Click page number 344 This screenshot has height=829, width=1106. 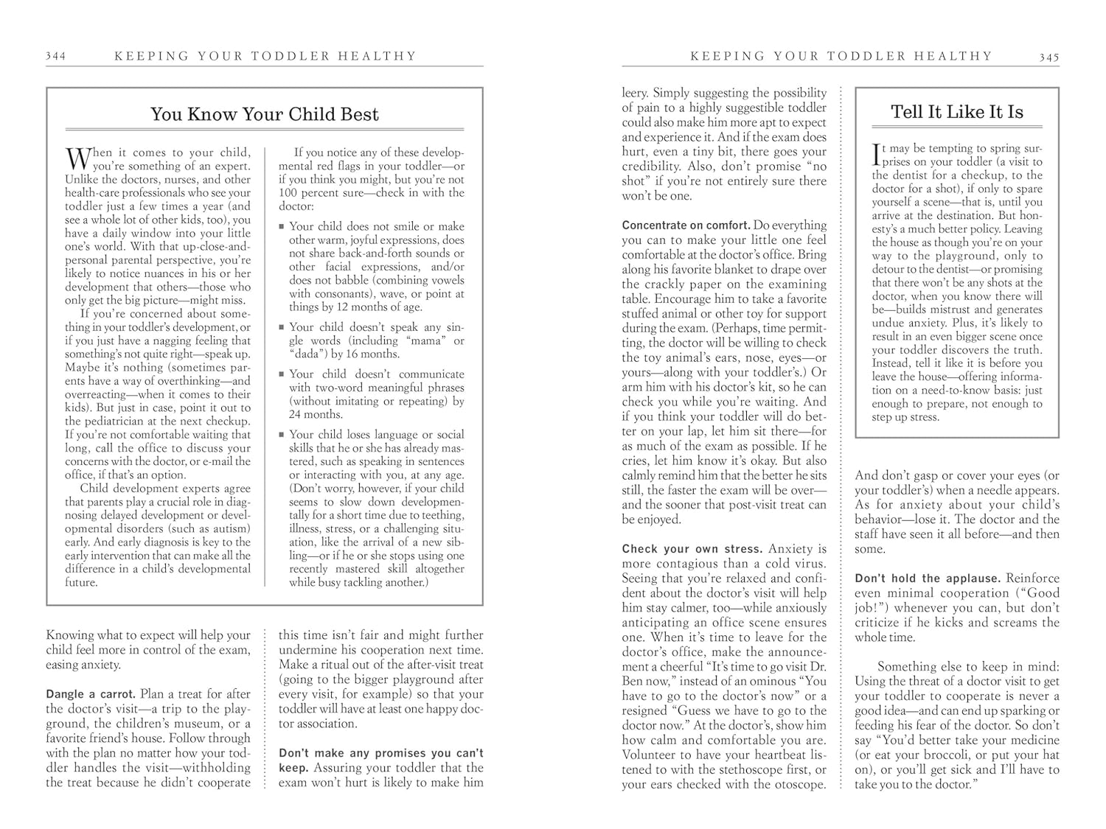pos(55,56)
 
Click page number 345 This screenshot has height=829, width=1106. pos(1049,57)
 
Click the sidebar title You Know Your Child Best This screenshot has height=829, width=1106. pos(264,114)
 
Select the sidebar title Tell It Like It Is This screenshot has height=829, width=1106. pos(956,112)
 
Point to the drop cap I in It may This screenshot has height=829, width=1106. pos(875,154)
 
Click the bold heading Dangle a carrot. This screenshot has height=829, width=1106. pos(91,694)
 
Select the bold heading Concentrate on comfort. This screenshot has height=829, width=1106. pos(686,225)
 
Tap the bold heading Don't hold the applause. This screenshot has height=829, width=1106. pos(926,578)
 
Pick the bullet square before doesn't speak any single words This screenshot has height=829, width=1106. pos(282,327)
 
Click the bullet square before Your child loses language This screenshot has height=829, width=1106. pos(282,435)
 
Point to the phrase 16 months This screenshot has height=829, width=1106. pos(375,354)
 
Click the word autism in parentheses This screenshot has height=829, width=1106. pos(232,529)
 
